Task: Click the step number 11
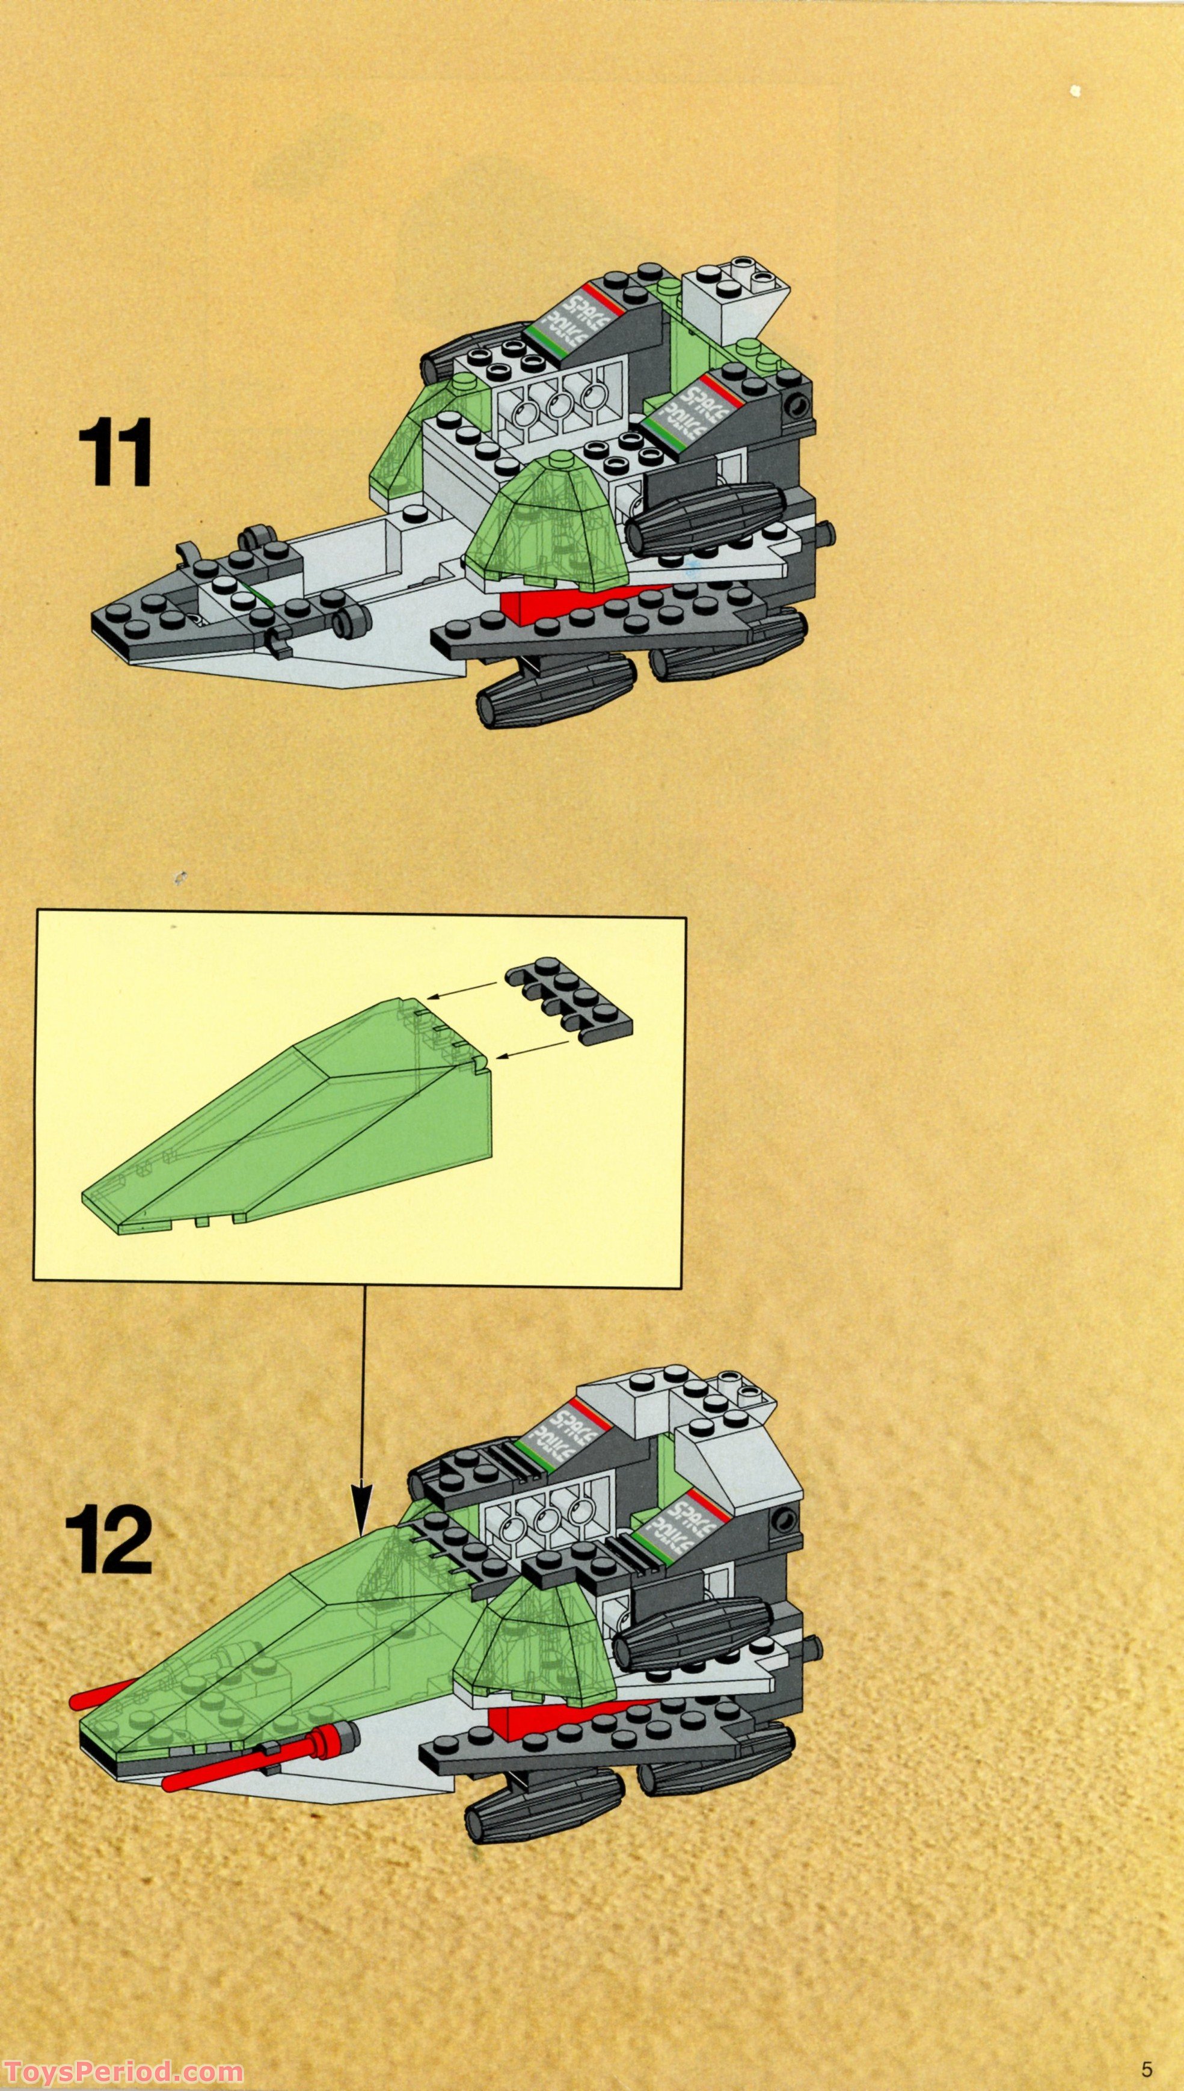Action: click(115, 453)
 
